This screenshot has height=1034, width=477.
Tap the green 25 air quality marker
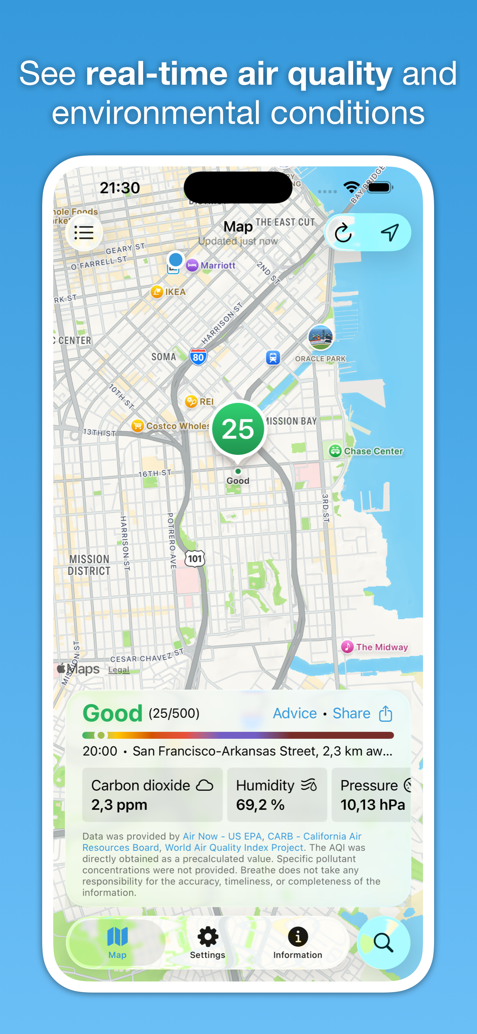(x=238, y=429)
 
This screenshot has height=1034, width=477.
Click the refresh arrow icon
(x=343, y=233)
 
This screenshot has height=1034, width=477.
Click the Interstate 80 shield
(x=198, y=357)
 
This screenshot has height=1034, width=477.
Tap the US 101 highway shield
(x=195, y=558)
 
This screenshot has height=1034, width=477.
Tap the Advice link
(x=295, y=713)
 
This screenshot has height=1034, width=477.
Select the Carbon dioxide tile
(x=152, y=795)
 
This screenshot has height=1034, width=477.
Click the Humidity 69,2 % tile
(x=277, y=795)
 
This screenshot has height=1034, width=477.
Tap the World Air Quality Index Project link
(x=234, y=847)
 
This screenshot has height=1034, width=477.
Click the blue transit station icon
(x=273, y=357)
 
